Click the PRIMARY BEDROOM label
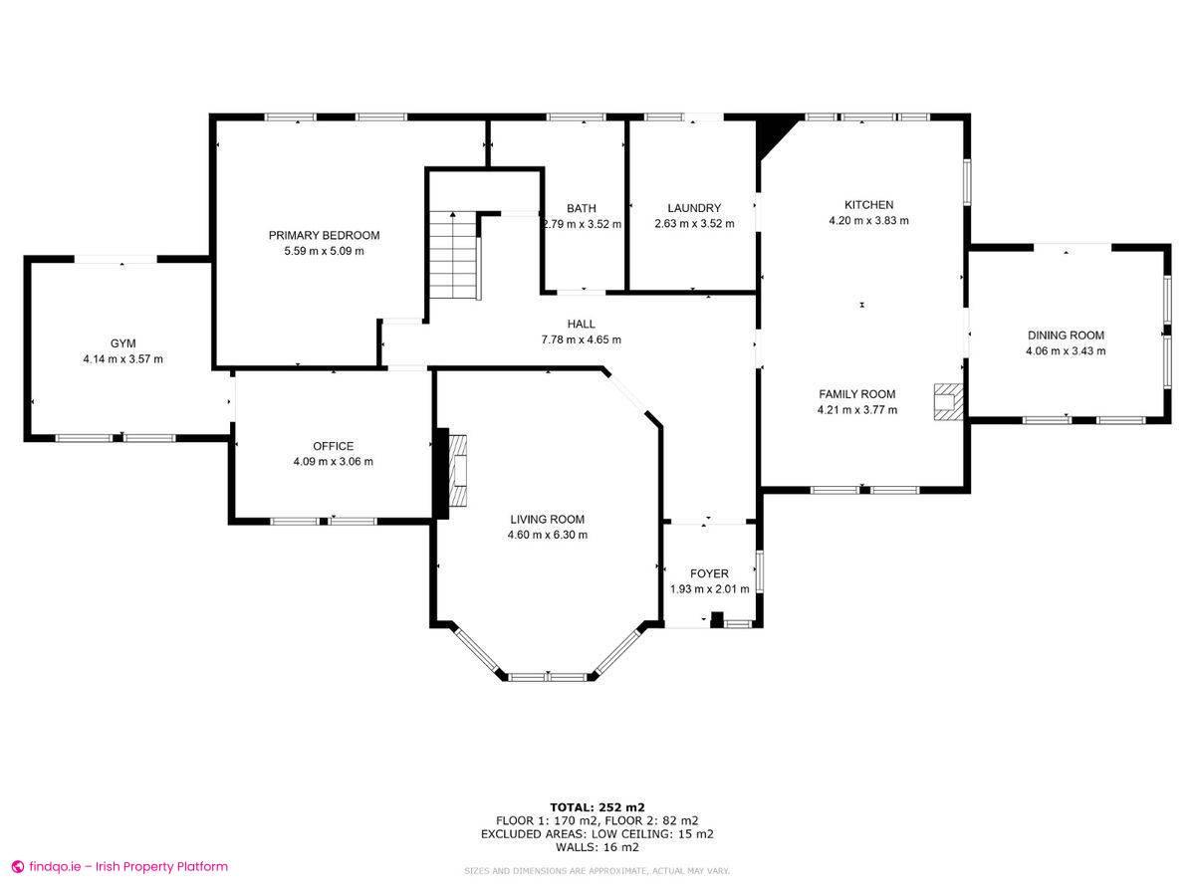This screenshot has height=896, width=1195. tap(324, 235)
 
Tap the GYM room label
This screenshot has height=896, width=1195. tap(122, 342)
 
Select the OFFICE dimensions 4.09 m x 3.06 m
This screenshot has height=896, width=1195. tap(333, 462)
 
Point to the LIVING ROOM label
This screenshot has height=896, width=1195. tap(547, 519)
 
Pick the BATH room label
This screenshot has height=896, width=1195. tap(582, 208)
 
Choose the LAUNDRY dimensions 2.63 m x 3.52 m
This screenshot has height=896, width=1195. tap(694, 224)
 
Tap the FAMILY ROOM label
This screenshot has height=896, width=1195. tap(856, 393)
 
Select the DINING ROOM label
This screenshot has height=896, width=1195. tap(1066, 336)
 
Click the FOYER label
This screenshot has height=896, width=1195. tap(709, 573)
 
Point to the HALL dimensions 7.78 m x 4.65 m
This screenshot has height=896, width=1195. tap(581, 339)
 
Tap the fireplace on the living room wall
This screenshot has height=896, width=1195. tap(457, 471)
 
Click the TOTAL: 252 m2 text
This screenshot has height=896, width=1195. tap(597, 806)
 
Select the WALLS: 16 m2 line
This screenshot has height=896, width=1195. tap(597, 847)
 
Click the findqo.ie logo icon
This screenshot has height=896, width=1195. tap(17, 867)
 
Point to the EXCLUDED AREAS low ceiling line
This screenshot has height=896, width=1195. tap(597, 834)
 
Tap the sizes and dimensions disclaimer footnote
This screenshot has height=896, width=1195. tap(597, 871)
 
